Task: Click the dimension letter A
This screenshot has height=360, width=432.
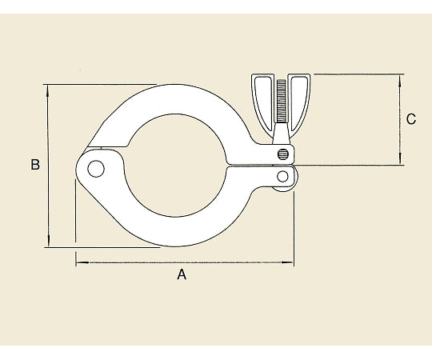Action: [182, 274]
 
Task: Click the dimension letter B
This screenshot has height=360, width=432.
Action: [35, 165]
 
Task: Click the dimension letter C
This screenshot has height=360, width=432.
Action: [411, 119]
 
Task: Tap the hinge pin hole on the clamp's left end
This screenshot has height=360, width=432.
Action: [96, 169]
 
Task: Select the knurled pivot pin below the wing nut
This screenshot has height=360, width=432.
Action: [283, 154]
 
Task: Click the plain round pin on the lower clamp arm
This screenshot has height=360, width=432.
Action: [282, 176]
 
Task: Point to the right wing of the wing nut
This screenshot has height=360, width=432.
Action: [299, 102]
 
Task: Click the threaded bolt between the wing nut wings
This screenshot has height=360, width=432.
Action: [281, 101]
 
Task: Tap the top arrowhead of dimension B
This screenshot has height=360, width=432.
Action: [48, 90]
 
